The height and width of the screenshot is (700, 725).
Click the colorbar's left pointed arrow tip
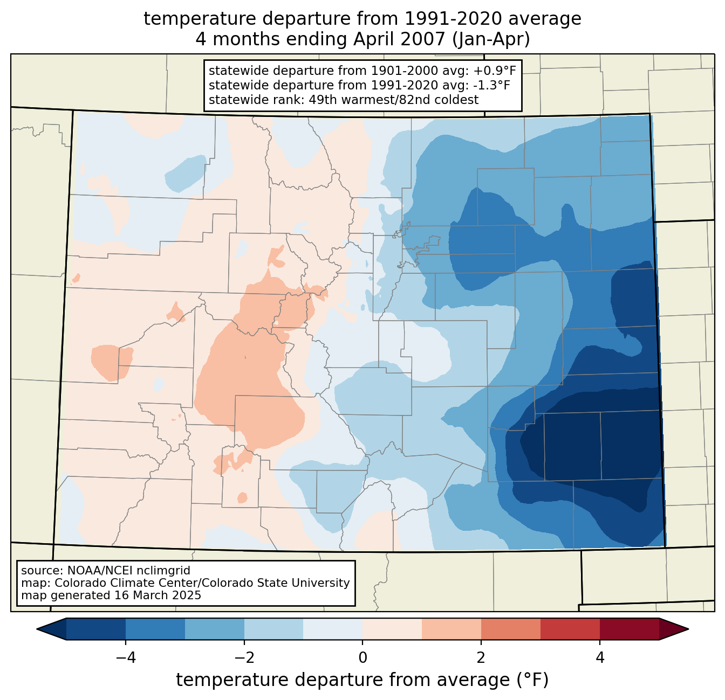coord(37,629)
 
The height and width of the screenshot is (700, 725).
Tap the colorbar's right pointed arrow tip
coord(688,629)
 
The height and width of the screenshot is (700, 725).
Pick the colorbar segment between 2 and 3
coord(511,629)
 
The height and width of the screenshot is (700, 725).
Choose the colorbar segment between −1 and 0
coord(333,629)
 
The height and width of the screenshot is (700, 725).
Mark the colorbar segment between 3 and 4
coord(570,629)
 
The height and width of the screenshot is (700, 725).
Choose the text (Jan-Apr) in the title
coord(491,39)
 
